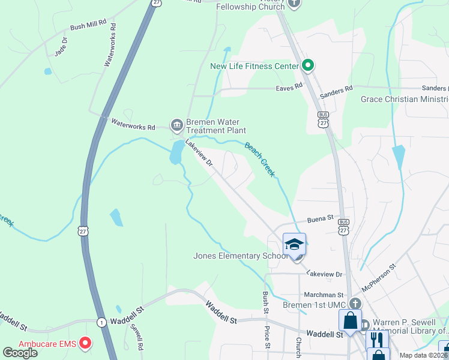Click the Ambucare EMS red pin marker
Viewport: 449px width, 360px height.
coord(85,344)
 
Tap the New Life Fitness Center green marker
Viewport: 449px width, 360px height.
coord(308,65)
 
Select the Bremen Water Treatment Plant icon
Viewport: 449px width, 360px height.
coord(176,125)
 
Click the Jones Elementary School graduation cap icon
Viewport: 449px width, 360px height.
coord(294,244)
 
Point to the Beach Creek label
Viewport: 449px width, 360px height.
coord(260,159)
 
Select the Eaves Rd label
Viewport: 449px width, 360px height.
coord(289,88)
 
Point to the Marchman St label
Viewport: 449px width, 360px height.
coord(323,295)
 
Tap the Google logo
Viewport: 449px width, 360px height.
coord(20,353)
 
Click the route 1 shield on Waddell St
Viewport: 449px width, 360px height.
coord(102,322)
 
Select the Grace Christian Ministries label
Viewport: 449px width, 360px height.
coord(404,99)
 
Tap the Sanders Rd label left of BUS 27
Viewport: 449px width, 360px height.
coord(336,92)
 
